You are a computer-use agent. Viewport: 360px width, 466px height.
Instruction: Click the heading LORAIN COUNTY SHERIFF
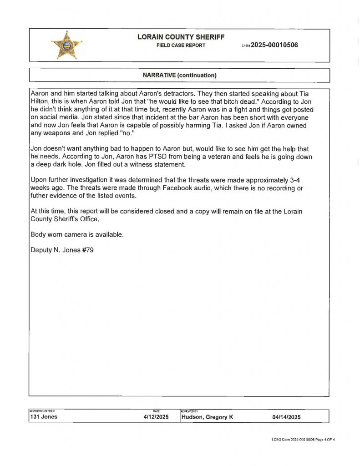pos(181,37)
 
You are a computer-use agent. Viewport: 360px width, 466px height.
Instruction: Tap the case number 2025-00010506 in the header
pos(274,45)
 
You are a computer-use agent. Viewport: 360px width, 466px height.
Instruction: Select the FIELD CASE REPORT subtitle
pos(181,46)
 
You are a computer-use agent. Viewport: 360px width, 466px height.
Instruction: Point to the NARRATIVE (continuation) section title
pos(179,75)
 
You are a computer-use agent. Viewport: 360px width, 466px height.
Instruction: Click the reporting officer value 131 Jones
pos(44,417)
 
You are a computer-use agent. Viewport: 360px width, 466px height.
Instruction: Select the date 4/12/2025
pos(156,417)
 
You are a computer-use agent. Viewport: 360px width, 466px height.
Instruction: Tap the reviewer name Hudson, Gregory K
pos(207,417)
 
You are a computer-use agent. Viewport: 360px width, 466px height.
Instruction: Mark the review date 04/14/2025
pos(287,417)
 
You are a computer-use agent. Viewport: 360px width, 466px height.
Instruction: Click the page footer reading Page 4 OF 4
pos(324,440)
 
